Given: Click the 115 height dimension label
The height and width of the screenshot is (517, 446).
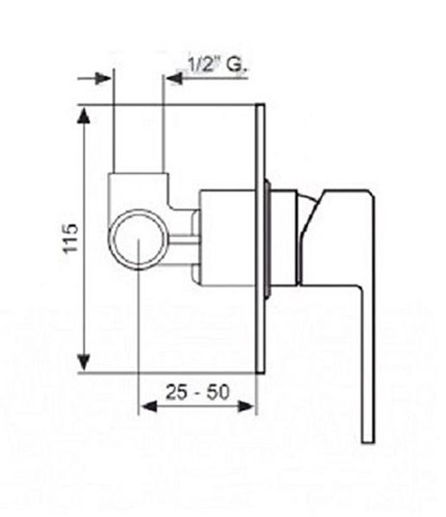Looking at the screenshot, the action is click(x=71, y=239).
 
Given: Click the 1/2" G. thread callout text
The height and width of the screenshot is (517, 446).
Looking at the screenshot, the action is click(x=217, y=65).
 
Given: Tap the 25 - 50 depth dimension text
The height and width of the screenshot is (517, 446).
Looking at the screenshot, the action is click(x=197, y=392).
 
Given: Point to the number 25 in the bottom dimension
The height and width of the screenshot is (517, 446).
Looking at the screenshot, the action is click(x=176, y=392).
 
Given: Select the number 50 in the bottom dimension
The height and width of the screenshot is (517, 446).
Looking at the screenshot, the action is click(x=218, y=392).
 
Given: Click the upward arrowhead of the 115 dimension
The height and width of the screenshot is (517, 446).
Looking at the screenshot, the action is click(x=84, y=115).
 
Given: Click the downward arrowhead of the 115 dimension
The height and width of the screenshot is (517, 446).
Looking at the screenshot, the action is click(x=84, y=362).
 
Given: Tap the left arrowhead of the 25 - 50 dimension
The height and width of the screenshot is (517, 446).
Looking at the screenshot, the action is click(x=148, y=407).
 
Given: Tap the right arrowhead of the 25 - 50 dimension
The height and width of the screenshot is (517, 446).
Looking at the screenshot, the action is click(x=246, y=407).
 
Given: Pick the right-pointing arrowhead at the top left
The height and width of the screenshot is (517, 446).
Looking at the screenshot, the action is click(x=103, y=78).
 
